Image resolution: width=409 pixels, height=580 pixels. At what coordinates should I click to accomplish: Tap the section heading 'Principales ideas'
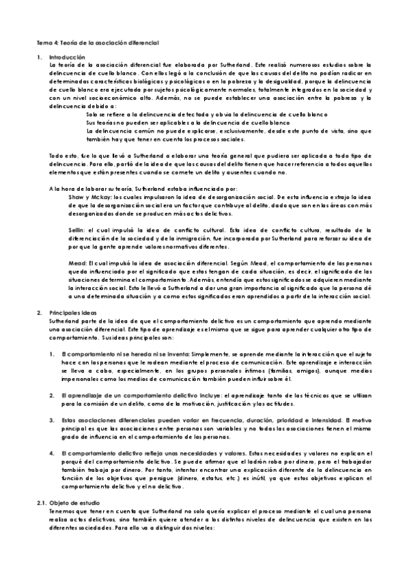click(74, 312)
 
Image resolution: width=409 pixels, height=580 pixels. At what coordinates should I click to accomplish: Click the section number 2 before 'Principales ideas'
click(40, 312)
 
